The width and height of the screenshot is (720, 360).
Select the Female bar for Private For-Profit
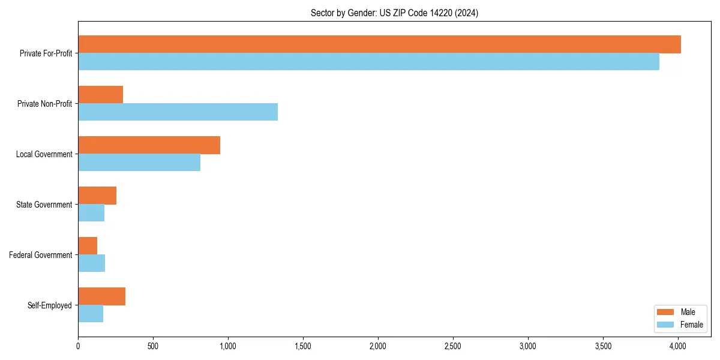point(368,62)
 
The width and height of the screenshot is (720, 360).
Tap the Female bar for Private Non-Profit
point(178,112)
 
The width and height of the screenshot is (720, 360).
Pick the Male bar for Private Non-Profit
point(100,95)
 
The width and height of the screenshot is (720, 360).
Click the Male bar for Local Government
point(149,145)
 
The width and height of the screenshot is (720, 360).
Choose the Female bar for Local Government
point(139,163)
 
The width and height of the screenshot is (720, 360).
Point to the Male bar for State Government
point(97,196)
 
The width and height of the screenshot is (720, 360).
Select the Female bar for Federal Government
point(91,263)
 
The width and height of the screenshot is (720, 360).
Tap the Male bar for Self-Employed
point(101,296)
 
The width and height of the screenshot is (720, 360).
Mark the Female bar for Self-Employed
point(91,314)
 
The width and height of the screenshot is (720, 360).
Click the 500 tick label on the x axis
point(153,346)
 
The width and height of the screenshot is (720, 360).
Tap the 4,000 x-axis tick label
point(678,346)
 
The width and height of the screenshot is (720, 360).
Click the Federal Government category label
point(40,255)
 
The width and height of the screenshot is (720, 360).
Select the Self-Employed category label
point(49,305)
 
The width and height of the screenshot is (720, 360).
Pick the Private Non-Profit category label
point(44,104)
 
